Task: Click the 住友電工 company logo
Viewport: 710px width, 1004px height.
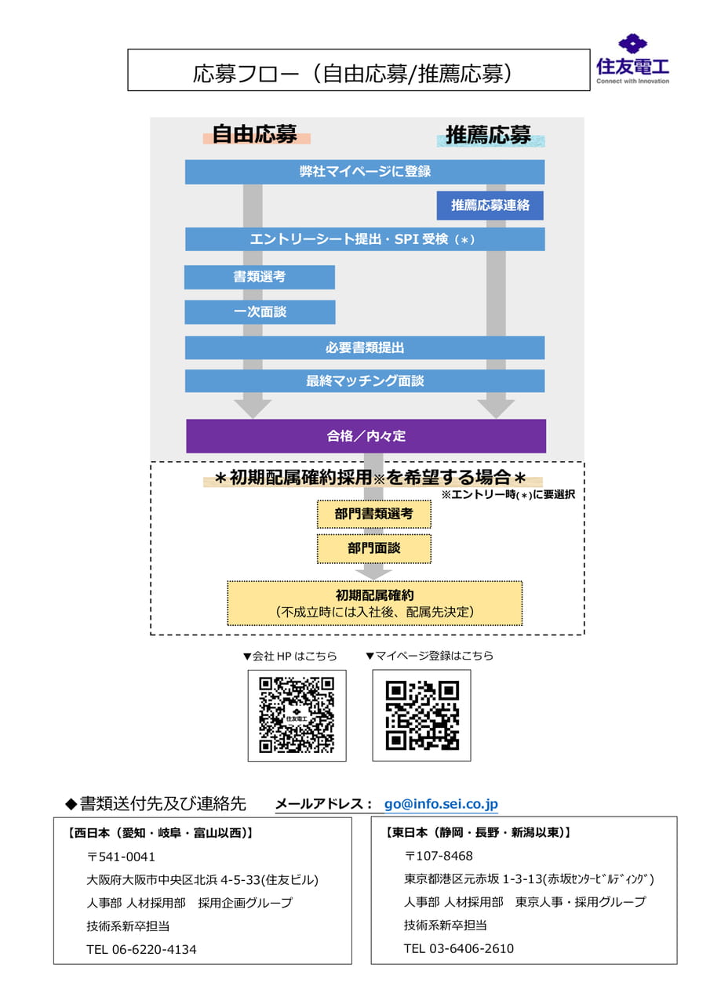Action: click(x=632, y=59)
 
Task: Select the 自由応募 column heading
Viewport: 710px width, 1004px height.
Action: click(x=255, y=134)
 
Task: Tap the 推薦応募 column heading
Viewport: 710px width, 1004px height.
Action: click(x=489, y=135)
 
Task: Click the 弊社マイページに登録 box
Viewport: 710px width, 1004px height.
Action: click(x=364, y=172)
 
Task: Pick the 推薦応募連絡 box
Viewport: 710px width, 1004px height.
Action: click(x=490, y=206)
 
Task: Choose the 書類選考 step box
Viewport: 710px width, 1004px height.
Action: click(x=259, y=277)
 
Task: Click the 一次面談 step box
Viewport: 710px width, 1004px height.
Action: click(x=260, y=311)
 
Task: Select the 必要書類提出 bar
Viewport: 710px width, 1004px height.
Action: click(x=364, y=347)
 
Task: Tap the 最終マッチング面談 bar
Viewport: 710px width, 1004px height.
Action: click(x=364, y=380)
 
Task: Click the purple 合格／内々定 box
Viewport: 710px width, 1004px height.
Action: click(x=366, y=435)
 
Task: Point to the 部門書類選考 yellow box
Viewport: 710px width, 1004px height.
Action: click(x=373, y=514)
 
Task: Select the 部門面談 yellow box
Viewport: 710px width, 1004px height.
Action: click(x=373, y=548)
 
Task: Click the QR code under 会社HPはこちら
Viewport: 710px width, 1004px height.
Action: click(x=297, y=716)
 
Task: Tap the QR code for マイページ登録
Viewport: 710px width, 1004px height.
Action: click(x=421, y=716)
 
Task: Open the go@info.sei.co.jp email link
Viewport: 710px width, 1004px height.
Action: click(x=441, y=804)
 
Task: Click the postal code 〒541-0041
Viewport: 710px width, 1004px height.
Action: click(x=121, y=857)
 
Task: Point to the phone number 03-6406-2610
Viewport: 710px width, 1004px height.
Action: click(x=471, y=948)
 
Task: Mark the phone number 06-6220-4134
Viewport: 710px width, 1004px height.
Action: click(x=154, y=949)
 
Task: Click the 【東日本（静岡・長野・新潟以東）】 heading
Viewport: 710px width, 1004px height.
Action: click(x=478, y=832)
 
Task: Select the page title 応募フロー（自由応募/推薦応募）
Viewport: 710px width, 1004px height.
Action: click(x=352, y=74)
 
